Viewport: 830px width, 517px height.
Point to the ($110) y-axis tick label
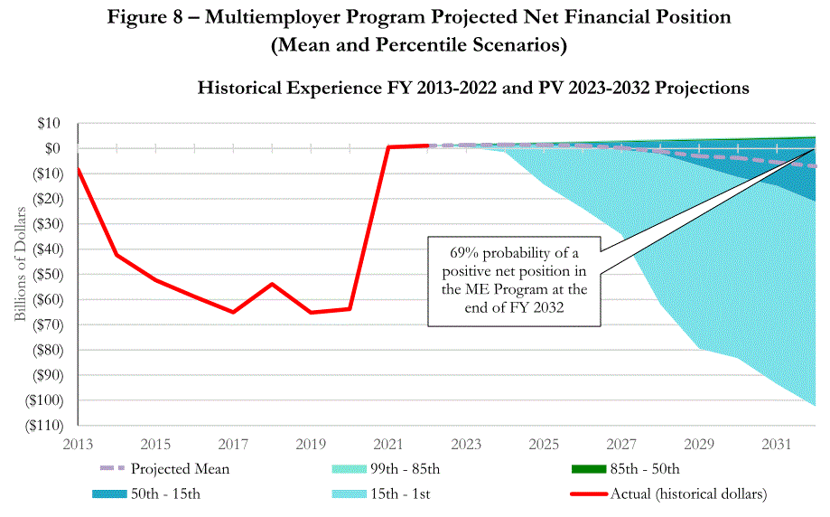click(42, 425)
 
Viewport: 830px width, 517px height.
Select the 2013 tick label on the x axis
click(78, 444)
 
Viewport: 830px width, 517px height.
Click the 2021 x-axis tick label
click(388, 444)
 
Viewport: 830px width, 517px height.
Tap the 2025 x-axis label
click(544, 444)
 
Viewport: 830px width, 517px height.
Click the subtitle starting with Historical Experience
click(472, 89)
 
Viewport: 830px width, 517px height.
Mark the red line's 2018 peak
click(272, 284)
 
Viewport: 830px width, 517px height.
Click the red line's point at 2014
click(117, 254)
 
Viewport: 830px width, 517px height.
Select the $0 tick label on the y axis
click(51, 148)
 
